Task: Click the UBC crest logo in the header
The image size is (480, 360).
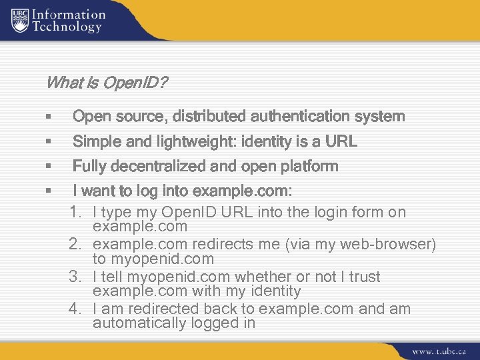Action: (x=20, y=21)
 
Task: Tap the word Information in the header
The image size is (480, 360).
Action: (x=69, y=14)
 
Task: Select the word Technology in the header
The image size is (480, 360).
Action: (x=67, y=27)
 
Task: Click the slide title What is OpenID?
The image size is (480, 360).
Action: (x=107, y=83)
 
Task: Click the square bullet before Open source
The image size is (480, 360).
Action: (x=49, y=117)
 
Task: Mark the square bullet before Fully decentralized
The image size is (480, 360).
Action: (x=49, y=167)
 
